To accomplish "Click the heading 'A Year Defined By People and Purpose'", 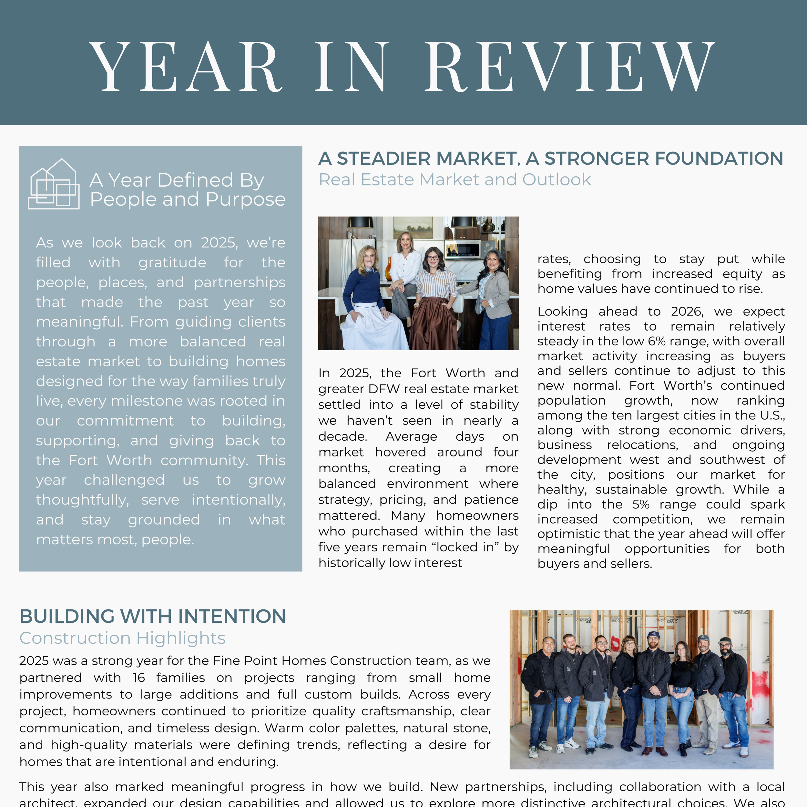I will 188,189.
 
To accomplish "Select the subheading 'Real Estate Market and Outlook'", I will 455,179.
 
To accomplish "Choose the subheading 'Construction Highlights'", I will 122,638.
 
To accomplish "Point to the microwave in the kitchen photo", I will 462,250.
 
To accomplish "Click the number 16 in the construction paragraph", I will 139,678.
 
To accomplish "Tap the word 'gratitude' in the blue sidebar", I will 172,263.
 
